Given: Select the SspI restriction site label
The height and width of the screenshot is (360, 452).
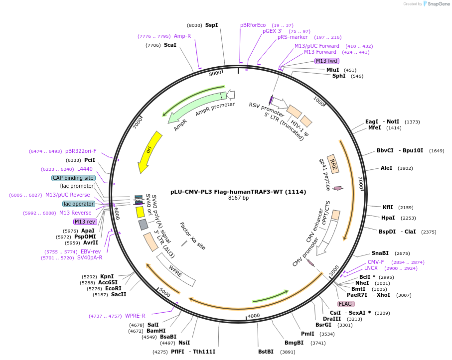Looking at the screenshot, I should (211, 25).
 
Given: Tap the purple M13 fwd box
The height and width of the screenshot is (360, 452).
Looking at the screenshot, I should (326, 61).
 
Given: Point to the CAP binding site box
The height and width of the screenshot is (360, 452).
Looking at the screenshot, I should (73, 178).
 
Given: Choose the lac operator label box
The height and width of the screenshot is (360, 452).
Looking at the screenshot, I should (78, 204).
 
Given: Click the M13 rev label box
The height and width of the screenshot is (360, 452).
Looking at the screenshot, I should (85, 222).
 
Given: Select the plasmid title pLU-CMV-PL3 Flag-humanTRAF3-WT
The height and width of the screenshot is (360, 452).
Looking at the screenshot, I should (238, 191).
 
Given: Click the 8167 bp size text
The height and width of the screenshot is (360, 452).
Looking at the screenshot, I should (238, 198).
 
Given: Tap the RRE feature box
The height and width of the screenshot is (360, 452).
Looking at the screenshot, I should (333, 164).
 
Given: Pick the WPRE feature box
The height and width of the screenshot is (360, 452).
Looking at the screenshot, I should (176, 269).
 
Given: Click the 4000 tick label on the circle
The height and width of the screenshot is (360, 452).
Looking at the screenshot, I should (254, 316).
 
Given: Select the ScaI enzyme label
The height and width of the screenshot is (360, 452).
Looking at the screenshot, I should (170, 45).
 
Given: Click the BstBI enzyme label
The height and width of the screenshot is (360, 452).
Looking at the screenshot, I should (266, 352).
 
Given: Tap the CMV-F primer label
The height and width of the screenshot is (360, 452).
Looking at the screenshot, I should (376, 262).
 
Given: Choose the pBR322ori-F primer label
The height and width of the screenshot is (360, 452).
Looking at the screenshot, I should (81, 151).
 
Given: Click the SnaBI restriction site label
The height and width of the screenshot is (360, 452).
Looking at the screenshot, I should (380, 253).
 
